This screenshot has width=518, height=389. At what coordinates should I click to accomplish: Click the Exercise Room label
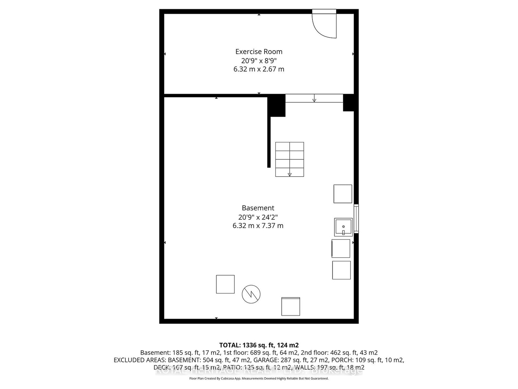coord(259,52)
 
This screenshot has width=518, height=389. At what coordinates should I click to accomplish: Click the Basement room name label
coord(258,208)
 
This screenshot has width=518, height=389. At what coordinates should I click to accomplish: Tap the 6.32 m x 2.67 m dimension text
coord(259,69)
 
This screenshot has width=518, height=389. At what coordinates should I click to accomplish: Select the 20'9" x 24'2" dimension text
coord(258,217)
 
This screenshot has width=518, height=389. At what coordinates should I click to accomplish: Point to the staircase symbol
coord(289,159)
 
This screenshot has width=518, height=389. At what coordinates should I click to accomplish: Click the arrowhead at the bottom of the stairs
coord(290,175)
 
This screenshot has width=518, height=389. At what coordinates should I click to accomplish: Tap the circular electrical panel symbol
coord(251,294)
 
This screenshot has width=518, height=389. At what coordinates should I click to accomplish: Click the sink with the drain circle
coord(343,227)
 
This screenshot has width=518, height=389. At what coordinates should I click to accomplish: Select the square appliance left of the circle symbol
coord(225,284)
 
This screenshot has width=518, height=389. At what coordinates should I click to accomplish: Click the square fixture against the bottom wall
coord(291,306)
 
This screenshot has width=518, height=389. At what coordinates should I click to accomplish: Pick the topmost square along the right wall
coord(343,194)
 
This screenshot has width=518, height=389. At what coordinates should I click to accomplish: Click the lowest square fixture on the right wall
coord(341,270)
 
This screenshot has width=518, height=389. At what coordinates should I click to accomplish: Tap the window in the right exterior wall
coord(356,218)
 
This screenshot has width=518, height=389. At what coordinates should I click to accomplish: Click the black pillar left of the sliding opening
coord(276,106)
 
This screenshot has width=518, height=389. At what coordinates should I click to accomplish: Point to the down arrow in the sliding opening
coord(314,98)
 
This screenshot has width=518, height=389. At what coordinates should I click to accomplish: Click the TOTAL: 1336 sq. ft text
coord(259,345)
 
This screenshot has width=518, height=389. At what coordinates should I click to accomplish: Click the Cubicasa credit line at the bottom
coord(259,378)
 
